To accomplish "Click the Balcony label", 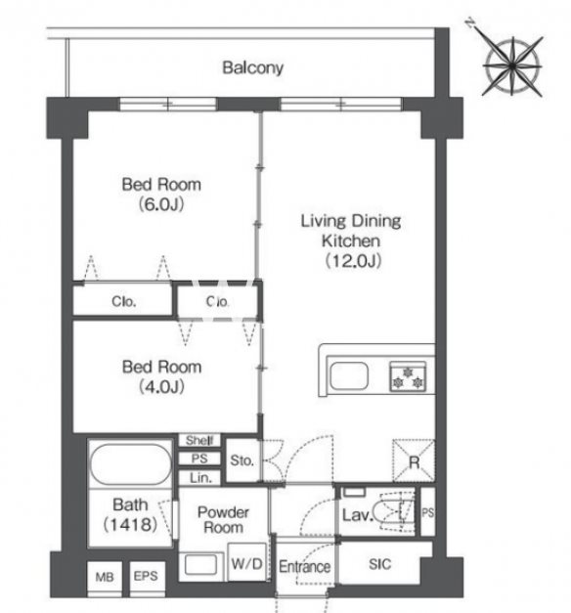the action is click(252, 67).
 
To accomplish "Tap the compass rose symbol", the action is click(512, 66).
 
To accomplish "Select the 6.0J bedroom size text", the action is click(161, 204).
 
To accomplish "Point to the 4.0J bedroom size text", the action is click(161, 387).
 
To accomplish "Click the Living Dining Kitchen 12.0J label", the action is click(351, 241).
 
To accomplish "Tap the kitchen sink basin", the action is click(349, 376).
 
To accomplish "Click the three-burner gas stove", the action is click(408, 376).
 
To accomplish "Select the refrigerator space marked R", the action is click(414, 460).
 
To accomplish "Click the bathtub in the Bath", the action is click(131, 464).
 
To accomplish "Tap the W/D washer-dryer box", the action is click(247, 562).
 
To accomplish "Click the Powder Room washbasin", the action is click(201, 564).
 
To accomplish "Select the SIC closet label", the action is click(379, 564).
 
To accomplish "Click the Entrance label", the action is click(305, 566).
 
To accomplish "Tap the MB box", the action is click(105, 577).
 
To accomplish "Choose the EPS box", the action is click(146, 576).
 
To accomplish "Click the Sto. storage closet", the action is click(242, 460).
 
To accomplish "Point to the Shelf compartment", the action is click(199, 440).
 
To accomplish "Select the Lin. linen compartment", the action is click(199, 477).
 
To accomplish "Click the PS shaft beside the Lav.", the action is click(427, 511).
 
